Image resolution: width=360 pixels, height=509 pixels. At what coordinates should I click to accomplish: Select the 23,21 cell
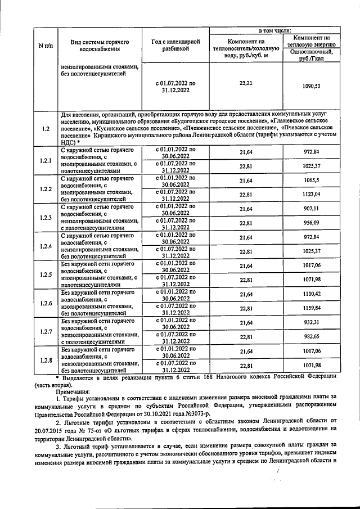(x=246, y=83)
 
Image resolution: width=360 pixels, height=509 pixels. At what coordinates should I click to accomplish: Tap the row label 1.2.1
(x=46, y=161)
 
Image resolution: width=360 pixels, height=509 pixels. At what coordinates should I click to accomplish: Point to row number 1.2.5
(x=46, y=275)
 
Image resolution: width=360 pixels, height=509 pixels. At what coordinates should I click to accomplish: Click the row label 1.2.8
(x=46, y=361)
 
